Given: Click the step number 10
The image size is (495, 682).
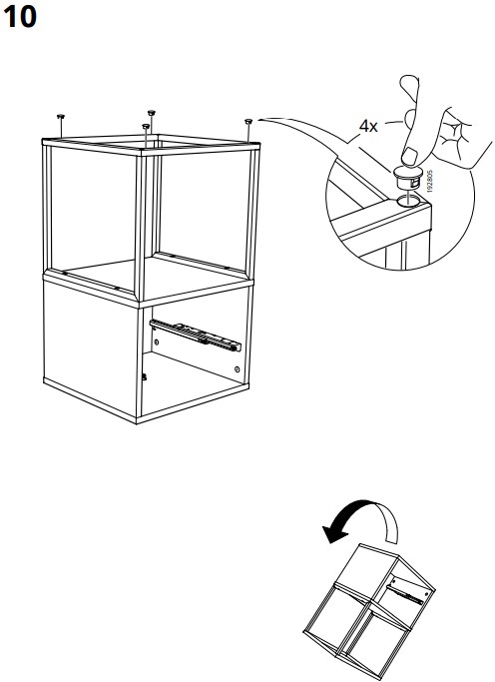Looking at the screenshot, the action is coord(20,17).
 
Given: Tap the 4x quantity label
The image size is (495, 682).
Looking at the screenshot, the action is coord(368,126).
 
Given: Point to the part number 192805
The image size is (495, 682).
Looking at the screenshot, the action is coord(430,182).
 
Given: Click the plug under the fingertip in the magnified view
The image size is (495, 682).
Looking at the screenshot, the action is coord(408,178).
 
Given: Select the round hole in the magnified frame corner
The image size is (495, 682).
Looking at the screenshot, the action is coord(408,200).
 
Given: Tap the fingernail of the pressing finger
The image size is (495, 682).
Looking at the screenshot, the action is coord(409,156).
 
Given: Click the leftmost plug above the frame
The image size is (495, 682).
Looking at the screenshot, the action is coord(61,116).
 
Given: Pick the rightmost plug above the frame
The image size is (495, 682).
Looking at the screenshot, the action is coord(248,121).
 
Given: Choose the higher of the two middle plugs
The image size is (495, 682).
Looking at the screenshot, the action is coord(152,113).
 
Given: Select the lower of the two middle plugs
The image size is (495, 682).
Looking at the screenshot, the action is coord(146,126).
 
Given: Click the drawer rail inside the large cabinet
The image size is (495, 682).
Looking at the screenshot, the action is coord(195,335).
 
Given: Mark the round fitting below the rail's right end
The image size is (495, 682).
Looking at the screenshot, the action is coord(237,369).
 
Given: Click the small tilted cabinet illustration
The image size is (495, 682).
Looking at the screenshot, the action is coord(369,611).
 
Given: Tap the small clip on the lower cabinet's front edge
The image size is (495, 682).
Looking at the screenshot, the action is coord(145,376).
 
